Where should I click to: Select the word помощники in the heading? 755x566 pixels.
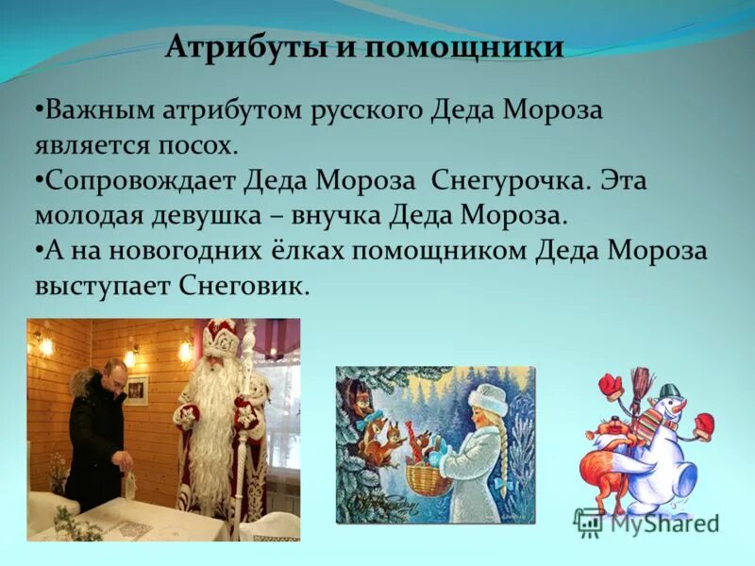[462, 47]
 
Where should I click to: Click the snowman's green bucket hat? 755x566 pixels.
[670, 390]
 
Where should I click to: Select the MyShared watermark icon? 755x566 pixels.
[590, 522]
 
